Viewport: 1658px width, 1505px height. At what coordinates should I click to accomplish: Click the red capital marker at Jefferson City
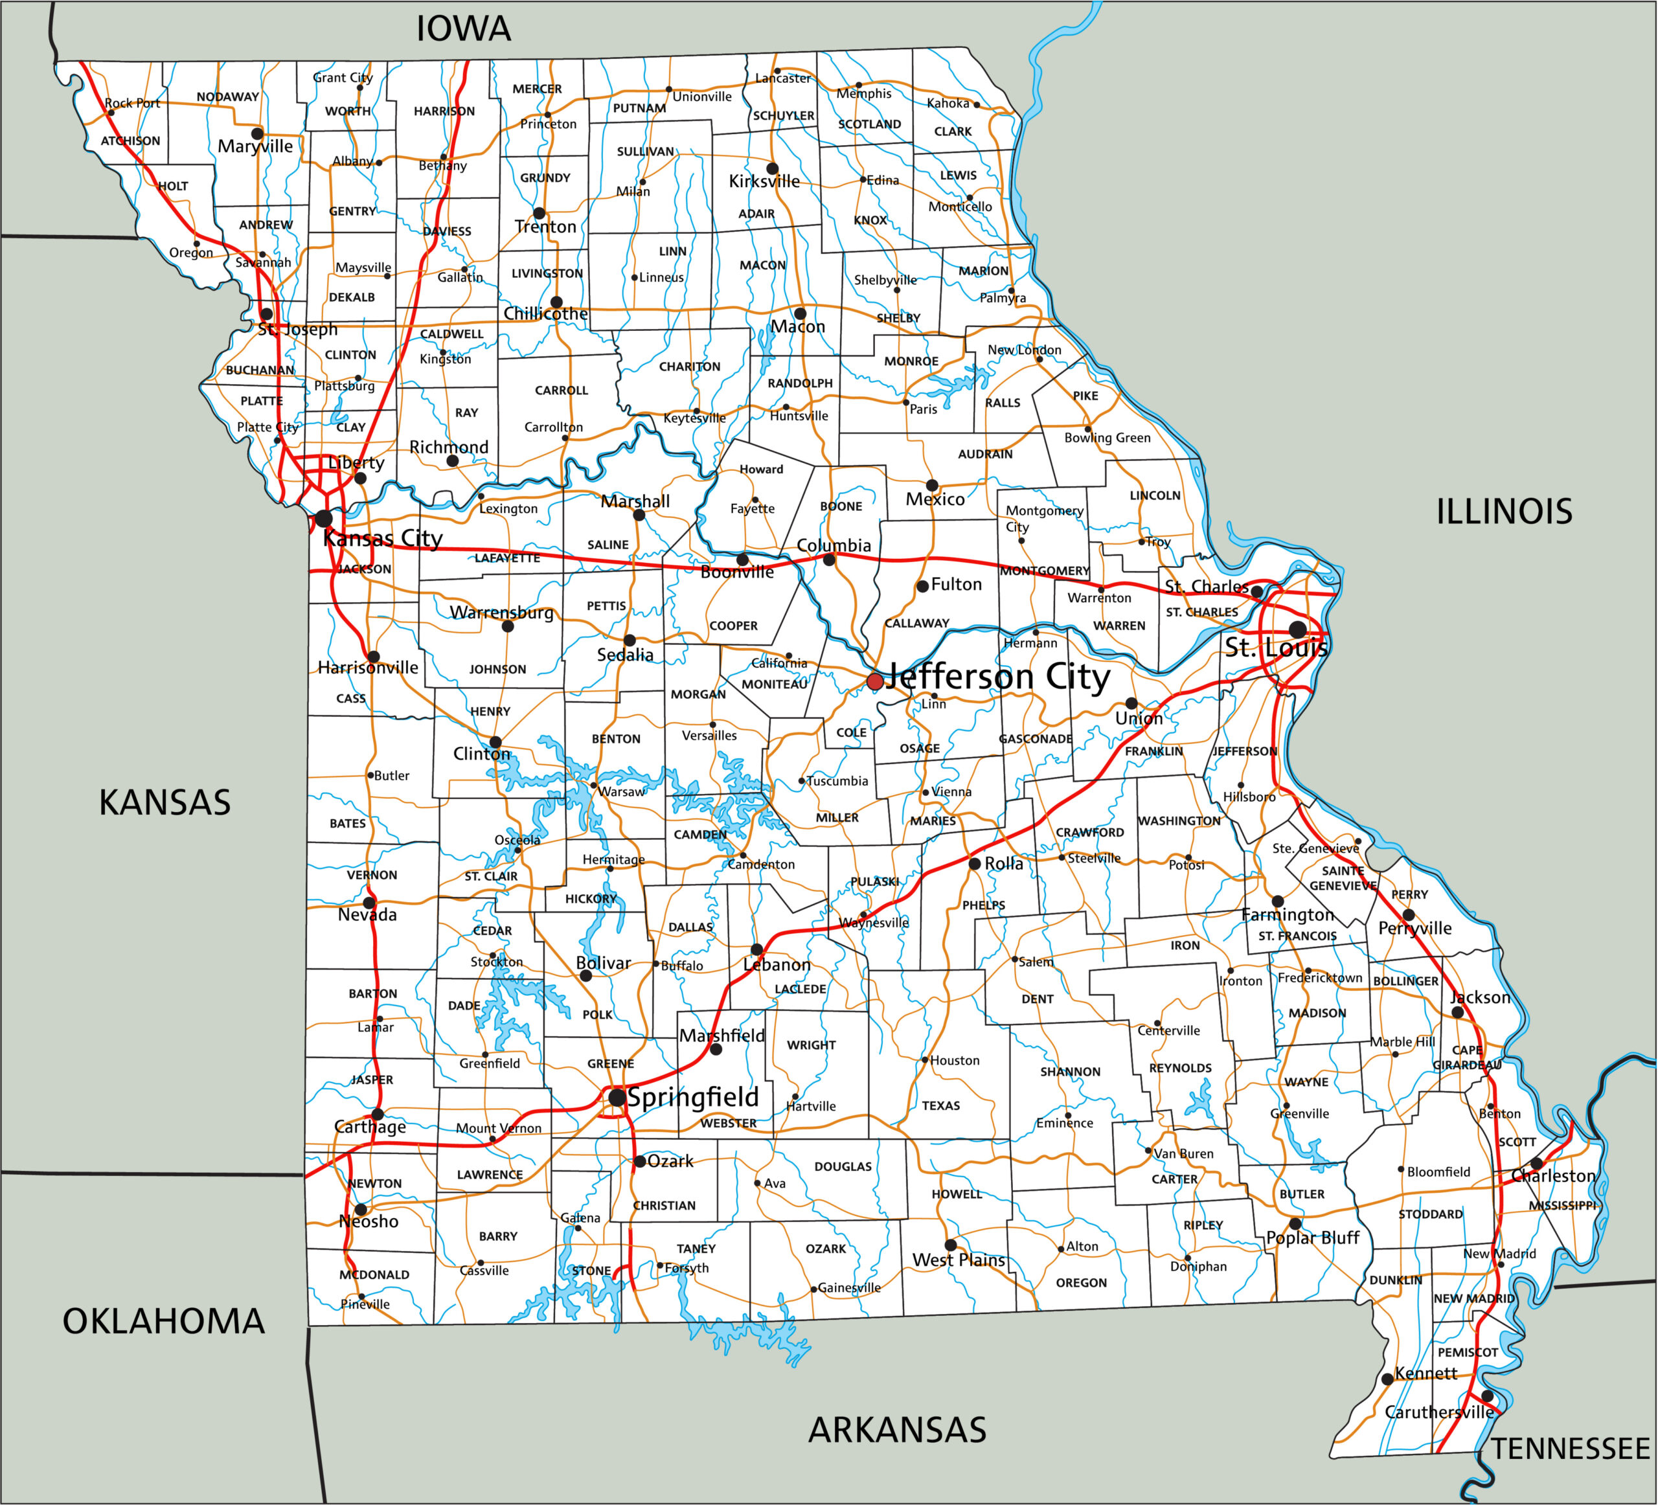[875, 681]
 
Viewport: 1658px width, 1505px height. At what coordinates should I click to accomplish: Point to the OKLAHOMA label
[164, 1322]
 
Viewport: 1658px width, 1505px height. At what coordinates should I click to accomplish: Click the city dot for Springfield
[617, 1098]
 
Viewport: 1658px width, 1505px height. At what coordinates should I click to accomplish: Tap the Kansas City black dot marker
[324, 518]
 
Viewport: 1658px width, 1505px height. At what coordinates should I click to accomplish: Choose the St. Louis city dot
[1298, 630]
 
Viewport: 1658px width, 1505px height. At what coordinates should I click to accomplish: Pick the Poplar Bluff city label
[1313, 1238]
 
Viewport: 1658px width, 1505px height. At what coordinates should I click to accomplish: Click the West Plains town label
[959, 1260]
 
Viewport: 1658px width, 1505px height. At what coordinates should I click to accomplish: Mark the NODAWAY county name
[228, 96]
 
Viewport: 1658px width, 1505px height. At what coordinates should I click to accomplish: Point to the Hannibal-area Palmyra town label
[1003, 298]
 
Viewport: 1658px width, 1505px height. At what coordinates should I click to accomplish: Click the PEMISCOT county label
[1468, 1352]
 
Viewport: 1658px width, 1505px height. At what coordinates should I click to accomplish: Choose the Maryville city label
[255, 146]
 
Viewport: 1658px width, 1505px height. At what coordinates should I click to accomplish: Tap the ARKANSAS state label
[897, 1430]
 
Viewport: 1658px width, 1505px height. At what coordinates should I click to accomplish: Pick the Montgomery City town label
[1043, 518]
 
